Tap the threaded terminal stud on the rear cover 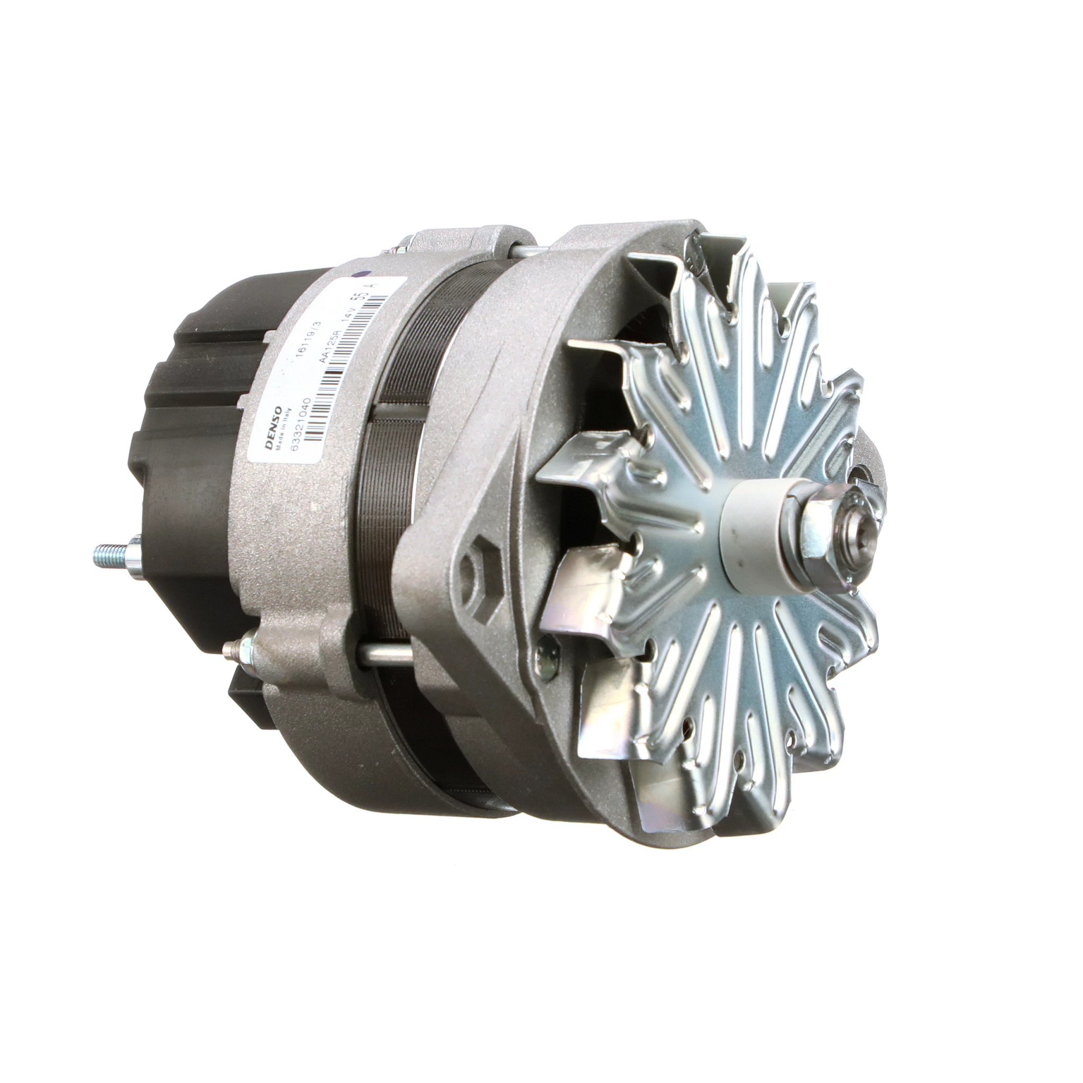pyautogui.click(x=112, y=554)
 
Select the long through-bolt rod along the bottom pyautogui.click(x=387, y=656)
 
